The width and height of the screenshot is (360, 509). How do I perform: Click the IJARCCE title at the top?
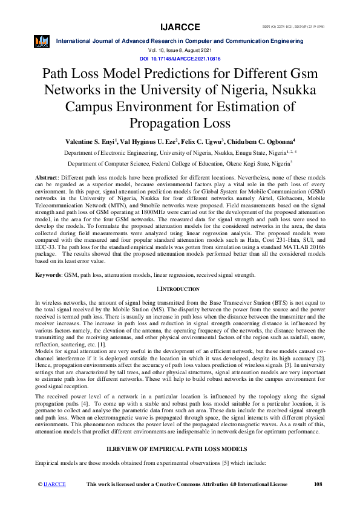180,27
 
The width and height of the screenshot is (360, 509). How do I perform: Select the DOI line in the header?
180,59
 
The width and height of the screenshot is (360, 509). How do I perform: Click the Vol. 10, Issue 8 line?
180,50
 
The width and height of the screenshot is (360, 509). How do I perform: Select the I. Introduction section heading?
180,291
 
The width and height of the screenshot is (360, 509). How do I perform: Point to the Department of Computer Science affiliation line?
180,163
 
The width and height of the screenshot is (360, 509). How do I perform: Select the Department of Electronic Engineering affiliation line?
180,154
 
